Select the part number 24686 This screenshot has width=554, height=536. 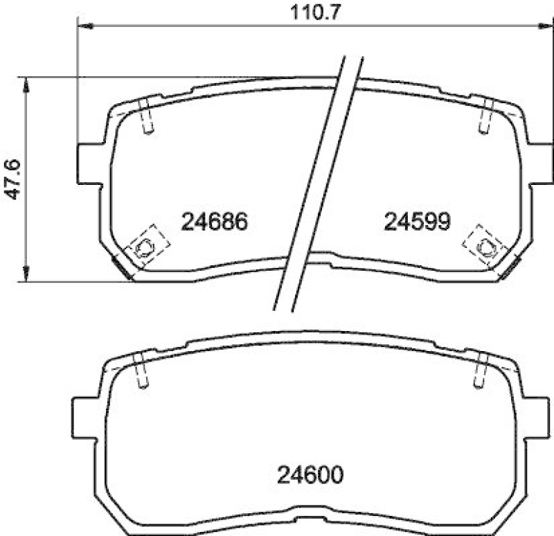click(x=214, y=222)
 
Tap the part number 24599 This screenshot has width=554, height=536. click(x=418, y=222)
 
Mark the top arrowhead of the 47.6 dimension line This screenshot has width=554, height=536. click(x=26, y=82)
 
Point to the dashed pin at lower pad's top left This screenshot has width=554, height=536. click(x=140, y=371)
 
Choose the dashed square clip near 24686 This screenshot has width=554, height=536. click(x=146, y=244)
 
